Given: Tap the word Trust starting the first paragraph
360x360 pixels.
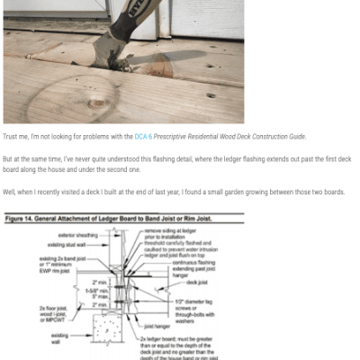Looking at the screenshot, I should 12,137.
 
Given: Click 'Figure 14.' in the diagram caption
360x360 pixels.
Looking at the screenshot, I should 24,218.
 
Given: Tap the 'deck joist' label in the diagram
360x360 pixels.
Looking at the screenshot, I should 199,281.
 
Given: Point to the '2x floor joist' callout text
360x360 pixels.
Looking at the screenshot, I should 57,309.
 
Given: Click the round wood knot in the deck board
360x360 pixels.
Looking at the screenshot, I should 95,101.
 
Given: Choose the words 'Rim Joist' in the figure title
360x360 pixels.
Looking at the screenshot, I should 225,218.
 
